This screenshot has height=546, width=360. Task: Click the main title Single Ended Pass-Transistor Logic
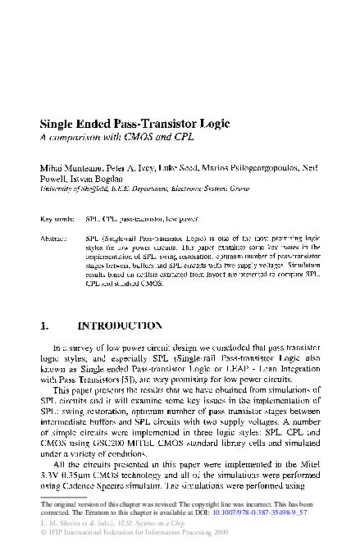point(134,124)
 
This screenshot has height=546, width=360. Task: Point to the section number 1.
point(45,325)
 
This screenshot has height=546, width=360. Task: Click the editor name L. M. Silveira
point(61,521)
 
